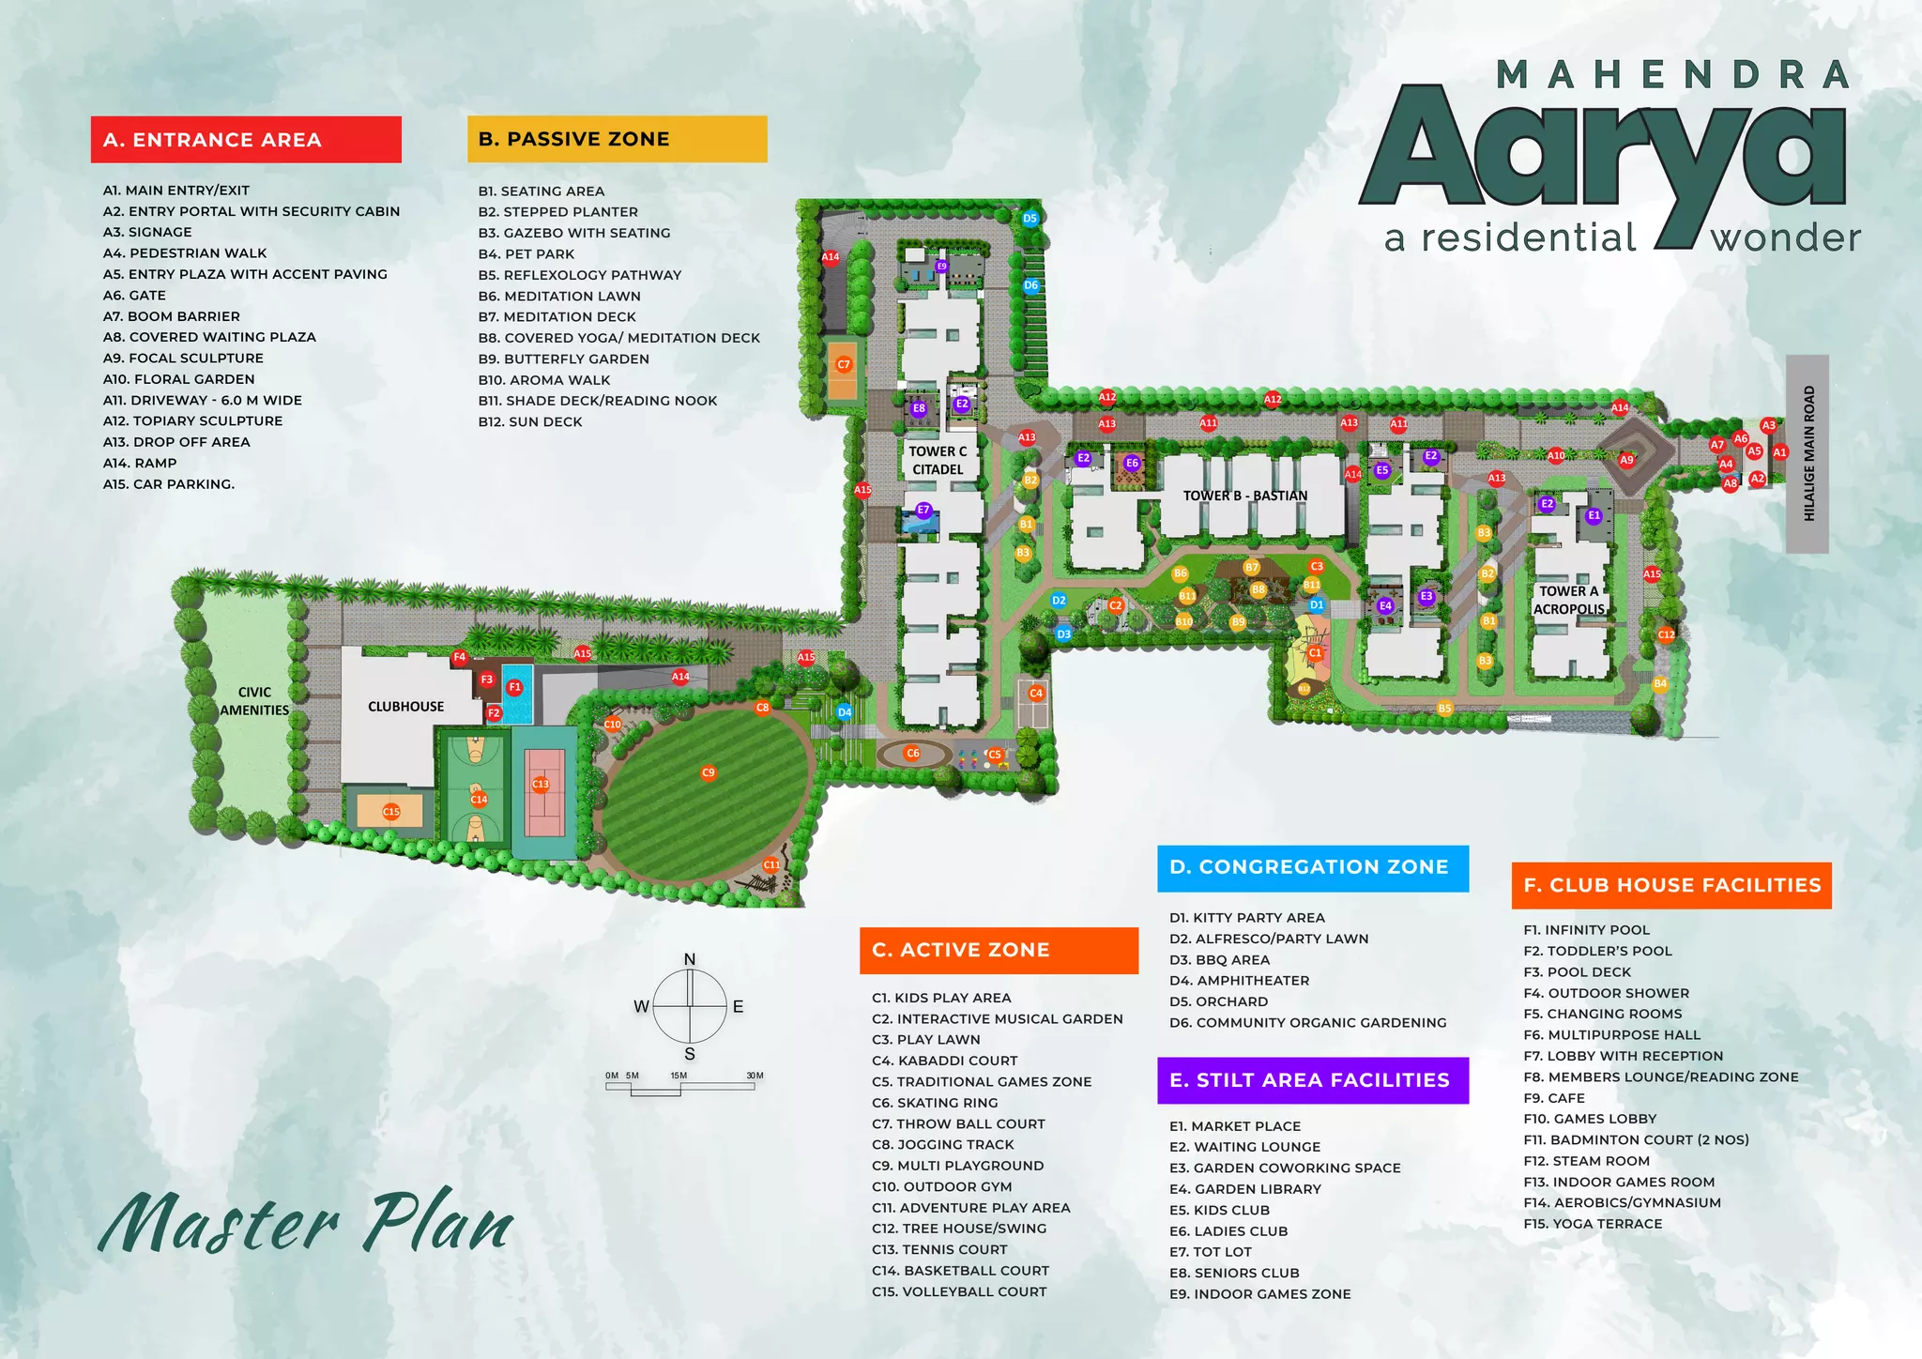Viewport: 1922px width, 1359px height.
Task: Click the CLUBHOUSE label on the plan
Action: (405, 707)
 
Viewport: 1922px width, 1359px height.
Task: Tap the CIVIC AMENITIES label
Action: (254, 701)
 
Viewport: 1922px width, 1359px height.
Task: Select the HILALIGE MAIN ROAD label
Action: (1808, 453)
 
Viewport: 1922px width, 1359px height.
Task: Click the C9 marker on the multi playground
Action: (709, 773)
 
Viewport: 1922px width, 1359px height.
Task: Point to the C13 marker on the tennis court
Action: (541, 784)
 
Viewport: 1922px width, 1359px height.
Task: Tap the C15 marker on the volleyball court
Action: (391, 812)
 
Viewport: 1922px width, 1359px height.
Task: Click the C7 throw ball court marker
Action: (844, 364)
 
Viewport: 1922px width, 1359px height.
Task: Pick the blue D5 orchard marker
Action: (1030, 219)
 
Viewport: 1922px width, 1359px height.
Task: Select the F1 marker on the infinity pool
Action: (514, 688)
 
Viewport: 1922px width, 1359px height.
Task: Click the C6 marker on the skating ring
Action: (912, 753)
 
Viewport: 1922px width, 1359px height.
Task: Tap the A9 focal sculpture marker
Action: (1627, 460)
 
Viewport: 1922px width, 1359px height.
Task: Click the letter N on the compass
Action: (690, 959)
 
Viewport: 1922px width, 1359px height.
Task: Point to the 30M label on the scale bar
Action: (755, 1076)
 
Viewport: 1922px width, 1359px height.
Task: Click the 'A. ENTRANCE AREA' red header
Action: (246, 140)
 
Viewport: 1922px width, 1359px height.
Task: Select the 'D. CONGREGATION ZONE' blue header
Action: (1312, 867)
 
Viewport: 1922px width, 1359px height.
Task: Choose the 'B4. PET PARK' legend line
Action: (526, 254)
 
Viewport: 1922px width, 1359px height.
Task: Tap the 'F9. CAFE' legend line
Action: (1554, 1098)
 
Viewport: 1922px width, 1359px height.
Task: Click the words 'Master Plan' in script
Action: (307, 1222)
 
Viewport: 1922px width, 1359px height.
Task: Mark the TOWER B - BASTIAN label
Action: (1244, 496)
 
